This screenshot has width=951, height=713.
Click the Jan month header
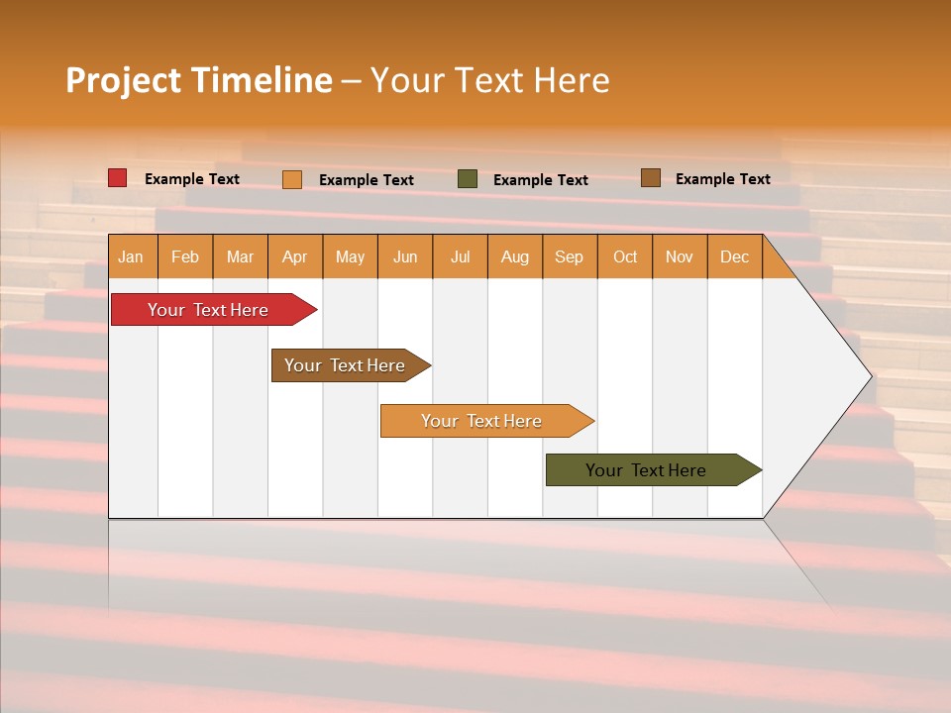point(132,256)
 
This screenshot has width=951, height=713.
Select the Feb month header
point(185,256)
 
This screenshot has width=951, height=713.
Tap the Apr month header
point(295,256)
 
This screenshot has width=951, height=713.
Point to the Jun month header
point(405,256)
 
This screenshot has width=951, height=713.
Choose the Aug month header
point(515,256)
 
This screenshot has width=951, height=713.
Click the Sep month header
point(570,256)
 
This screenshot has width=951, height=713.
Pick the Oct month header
point(625,256)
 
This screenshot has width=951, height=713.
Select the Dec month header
point(734,256)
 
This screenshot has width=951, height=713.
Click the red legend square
point(118,178)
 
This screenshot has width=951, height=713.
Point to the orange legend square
point(292,179)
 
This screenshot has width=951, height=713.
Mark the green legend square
point(468,179)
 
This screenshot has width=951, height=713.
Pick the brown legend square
point(651,178)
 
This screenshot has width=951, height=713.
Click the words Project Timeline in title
point(199,80)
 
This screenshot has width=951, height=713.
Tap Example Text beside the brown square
point(722,179)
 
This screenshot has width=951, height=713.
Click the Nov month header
point(680,256)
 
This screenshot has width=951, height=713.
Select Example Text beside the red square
point(192,179)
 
